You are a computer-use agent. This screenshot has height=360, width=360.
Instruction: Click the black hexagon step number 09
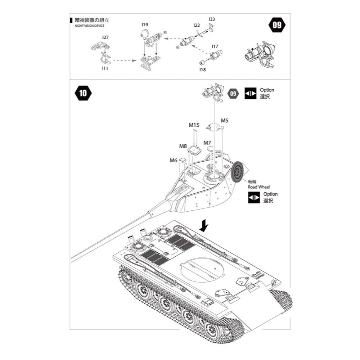(x=277, y=25)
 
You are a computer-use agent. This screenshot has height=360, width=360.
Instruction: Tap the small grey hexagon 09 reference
(x=234, y=93)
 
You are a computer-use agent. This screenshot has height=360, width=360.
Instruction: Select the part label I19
(x=145, y=25)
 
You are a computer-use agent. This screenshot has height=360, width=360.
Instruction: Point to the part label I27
(x=105, y=37)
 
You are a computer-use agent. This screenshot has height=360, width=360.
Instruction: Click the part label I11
(x=105, y=68)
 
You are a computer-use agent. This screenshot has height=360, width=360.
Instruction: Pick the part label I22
(x=197, y=25)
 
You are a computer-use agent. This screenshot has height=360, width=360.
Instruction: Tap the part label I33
(x=212, y=19)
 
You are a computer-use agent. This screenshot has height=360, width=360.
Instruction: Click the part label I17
(x=215, y=46)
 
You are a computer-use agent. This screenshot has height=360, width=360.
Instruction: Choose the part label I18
(x=202, y=69)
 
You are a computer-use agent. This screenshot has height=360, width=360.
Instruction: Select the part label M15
(x=194, y=125)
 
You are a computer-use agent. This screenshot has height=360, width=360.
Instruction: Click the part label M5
(x=225, y=120)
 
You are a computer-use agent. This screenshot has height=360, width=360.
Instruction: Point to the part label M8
(x=183, y=146)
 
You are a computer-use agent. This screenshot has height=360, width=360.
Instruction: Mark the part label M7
(x=207, y=143)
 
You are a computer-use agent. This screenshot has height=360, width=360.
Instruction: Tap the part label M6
(x=174, y=161)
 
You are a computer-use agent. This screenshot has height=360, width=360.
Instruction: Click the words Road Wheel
(x=258, y=187)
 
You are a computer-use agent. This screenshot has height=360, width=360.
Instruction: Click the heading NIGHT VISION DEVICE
(x=89, y=26)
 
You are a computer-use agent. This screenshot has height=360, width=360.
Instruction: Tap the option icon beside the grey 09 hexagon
(x=250, y=93)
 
